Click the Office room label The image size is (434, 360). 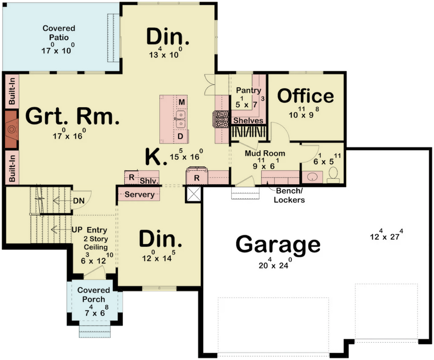(306, 96)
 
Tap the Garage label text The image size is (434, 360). (278, 244)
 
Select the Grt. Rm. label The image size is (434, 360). (72, 116)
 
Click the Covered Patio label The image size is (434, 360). (58, 33)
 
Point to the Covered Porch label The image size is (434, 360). (94, 294)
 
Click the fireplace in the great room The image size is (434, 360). (11, 130)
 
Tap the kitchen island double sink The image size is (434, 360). (181, 119)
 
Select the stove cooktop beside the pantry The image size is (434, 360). (221, 119)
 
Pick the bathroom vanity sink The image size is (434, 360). (312, 177)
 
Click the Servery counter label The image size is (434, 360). (139, 194)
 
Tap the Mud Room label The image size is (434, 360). (265, 153)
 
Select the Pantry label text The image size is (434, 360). (248, 90)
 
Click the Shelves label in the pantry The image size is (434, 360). (248, 121)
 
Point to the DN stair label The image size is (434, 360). (79, 200)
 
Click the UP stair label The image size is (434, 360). (78, 230)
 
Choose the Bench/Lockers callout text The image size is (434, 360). (289, 195)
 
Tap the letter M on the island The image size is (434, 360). (181, 102)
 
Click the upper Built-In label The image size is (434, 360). (11, 91)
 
